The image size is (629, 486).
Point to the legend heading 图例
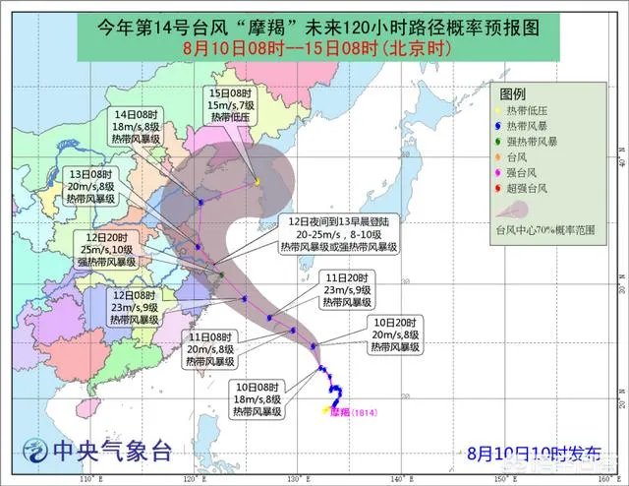[x=513, y=91]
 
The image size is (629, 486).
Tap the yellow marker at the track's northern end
[x=257, y=181]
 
